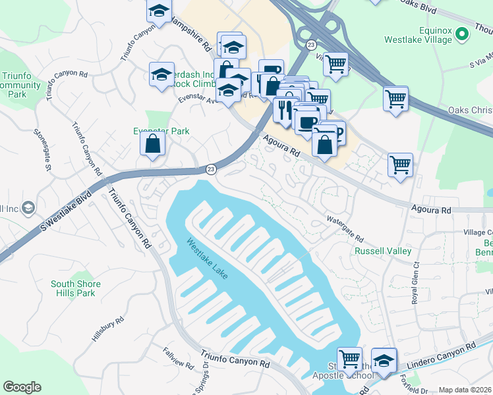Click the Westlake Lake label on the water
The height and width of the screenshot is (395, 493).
207,257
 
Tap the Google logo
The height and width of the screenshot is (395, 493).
22,387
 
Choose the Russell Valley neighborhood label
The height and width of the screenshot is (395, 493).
383,251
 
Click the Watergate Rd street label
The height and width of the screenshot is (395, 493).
345,228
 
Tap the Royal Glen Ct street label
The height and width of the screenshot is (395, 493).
416,282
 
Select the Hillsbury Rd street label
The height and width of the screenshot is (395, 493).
108,330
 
